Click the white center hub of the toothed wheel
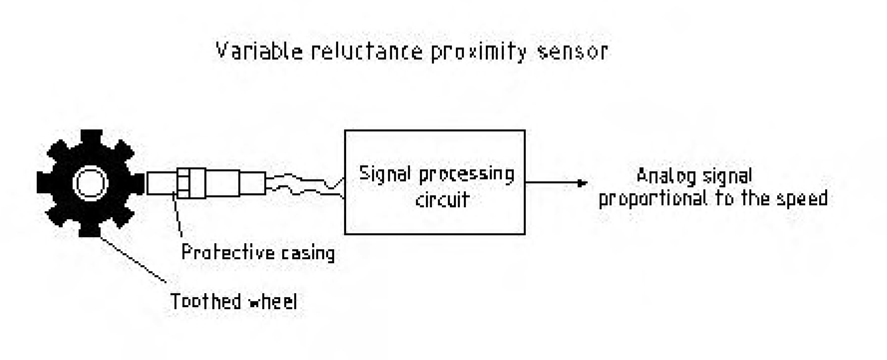click(91, 183)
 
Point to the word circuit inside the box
click(443, 200)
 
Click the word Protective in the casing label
click(228, 252)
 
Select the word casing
click(308, 254)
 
